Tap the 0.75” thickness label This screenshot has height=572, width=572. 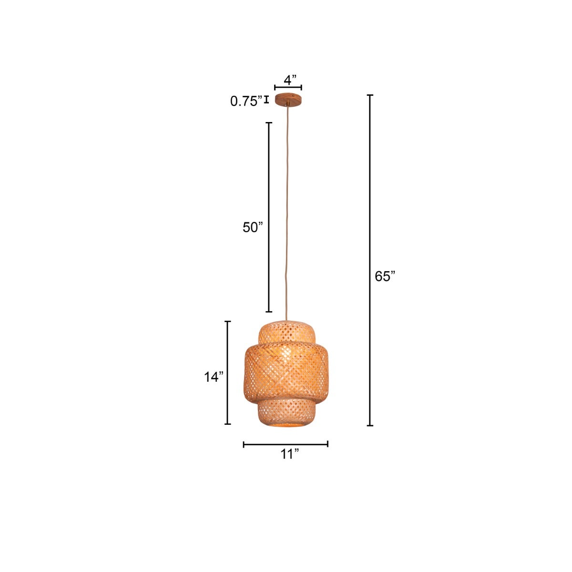coord(246,101)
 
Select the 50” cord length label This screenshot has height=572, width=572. coord(253,227)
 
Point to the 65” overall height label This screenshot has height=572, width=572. coord(385,276)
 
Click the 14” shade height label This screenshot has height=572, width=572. coord(214,377)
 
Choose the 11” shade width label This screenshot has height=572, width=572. coord(289,454)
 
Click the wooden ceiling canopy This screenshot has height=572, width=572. coord(288,100)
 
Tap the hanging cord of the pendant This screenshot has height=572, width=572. coord(287,214)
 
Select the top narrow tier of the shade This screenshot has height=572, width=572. coord(287,332)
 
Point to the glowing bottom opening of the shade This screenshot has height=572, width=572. coord(287,423)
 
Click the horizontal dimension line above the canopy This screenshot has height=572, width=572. coord(288,88)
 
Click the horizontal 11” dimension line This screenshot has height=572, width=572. coord(286,444)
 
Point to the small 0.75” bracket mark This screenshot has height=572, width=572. coord(266,100)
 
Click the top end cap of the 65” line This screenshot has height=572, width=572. coord(370,95)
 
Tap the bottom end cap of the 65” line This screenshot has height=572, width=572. coord(370,425)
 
